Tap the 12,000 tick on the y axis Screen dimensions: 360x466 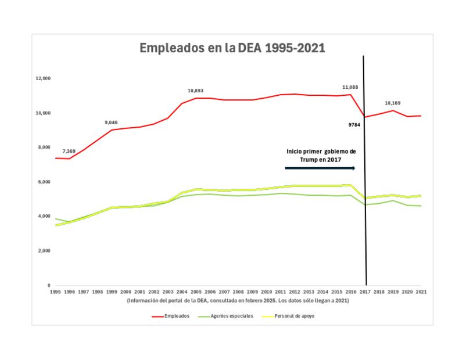pyautogui.click(x=44, y=78)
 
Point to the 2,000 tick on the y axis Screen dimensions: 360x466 pyautogui.click(x=45, y=251)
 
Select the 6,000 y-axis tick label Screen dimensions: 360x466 pyautogui.click(x=45, y=182)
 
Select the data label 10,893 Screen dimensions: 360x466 pyautogui.click(x=196, y=91)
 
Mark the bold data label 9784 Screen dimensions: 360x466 pyautogui.click(x=354, y=124)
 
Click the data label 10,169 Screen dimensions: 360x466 pyautogui.click(x=393, y=103)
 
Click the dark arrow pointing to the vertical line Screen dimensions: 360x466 pyautogui.click(x=320, y=168)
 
